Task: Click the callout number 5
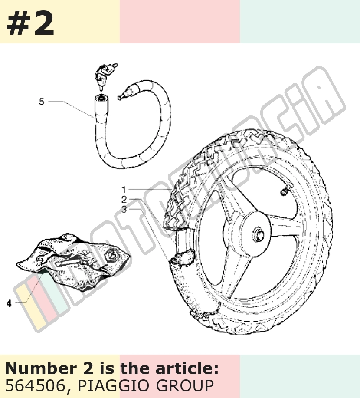coord(42,101)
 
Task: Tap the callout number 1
coord(124,190)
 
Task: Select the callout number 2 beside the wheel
coord(124,200)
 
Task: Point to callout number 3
coord(124,210)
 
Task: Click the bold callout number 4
coord(9,303)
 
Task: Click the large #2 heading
coord(30,23)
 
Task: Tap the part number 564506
coord(35,386)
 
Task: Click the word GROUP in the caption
coord(185,386)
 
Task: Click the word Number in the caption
coord(41,368)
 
